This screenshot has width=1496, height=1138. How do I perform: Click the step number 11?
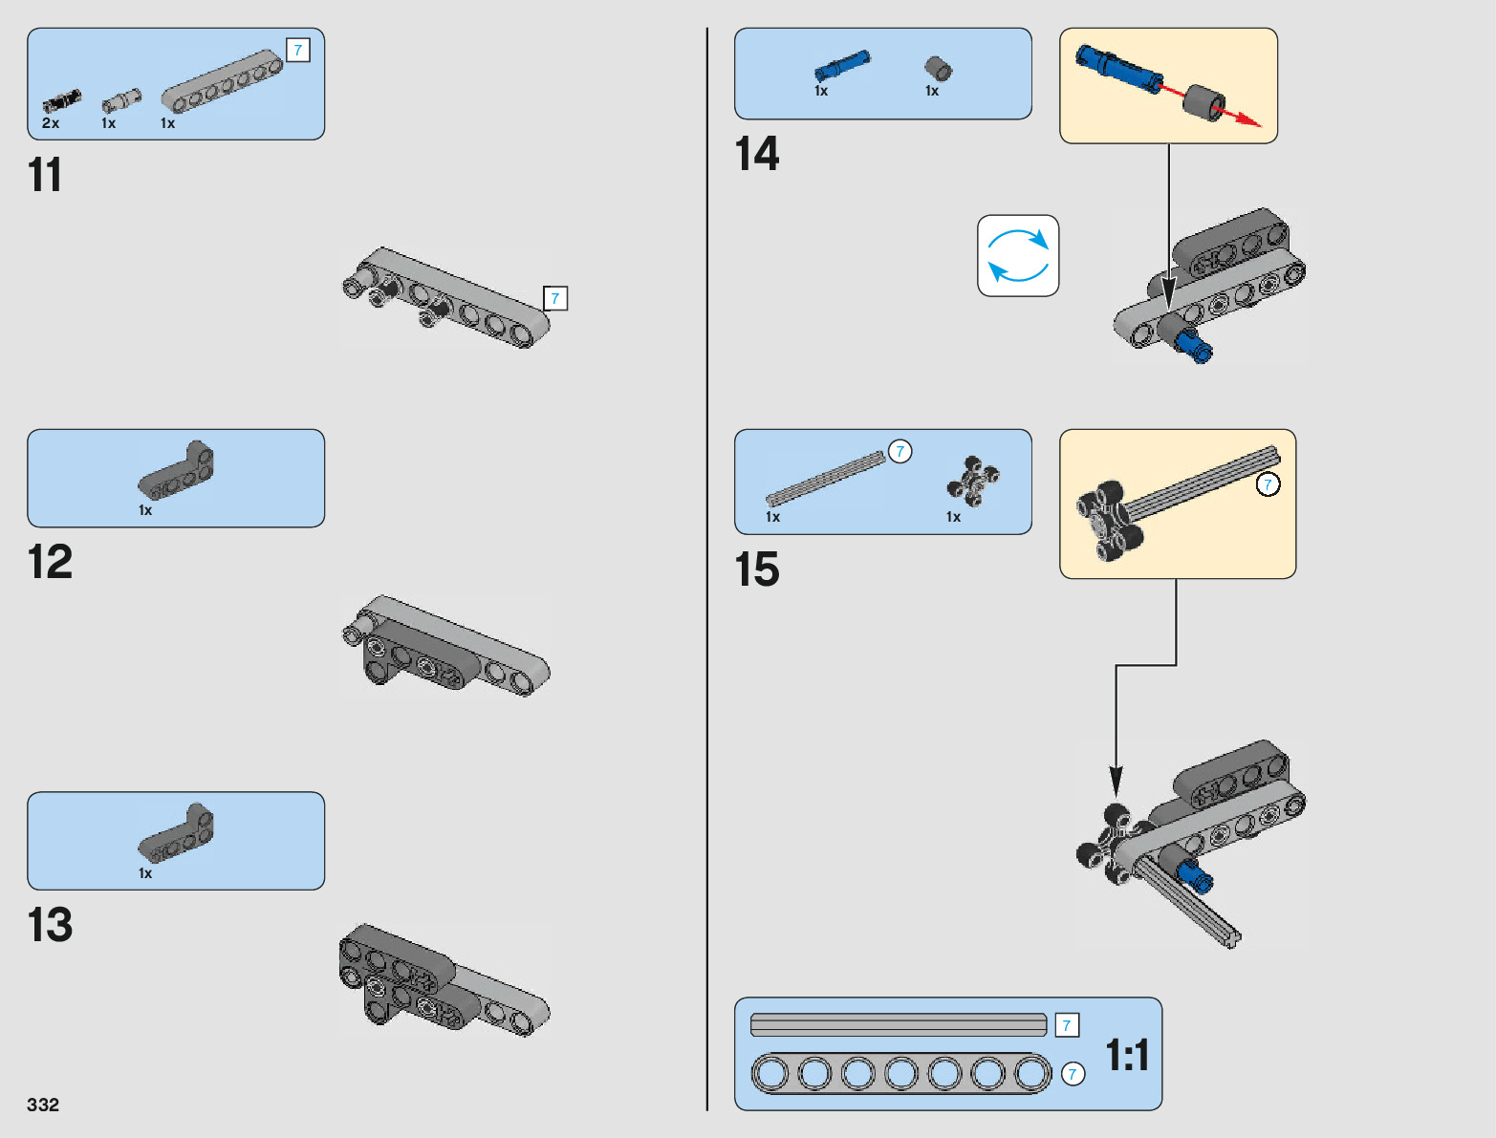(45, 176)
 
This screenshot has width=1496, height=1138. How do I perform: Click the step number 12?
(50, 562)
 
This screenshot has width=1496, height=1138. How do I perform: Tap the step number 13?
(50, 925)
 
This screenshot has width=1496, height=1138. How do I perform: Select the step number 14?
(756, 154)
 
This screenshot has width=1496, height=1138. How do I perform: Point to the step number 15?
(756, 569)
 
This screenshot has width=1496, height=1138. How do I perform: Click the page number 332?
(43, 1105)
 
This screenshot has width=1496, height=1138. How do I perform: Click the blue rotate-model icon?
(1018, 255)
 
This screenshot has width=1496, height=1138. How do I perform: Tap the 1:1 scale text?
(1127, 1056)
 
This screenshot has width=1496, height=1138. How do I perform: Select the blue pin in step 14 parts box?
(841, 66)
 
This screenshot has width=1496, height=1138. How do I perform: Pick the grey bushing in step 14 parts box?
(938, 68)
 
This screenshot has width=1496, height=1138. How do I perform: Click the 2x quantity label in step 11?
(51, 123)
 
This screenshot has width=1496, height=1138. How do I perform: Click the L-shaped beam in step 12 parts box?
(177, 470)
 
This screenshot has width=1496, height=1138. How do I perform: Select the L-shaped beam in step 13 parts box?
(177, 833)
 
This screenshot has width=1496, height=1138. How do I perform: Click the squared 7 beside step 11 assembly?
(555, 299)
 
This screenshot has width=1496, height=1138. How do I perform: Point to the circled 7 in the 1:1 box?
(1073, 1074)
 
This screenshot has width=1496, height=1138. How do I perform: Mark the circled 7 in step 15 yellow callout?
(1268, 484)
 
